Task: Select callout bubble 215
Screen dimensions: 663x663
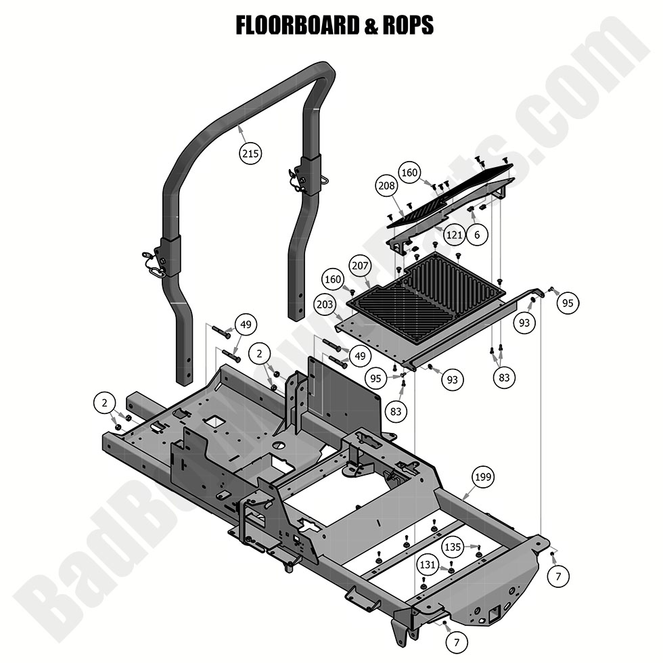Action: (250, 154)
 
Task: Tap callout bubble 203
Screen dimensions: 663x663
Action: (325, 305)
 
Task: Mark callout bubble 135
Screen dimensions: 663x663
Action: (453, 545)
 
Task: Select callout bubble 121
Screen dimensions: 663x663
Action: (454, 235)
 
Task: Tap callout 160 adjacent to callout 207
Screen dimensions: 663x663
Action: (332, 278)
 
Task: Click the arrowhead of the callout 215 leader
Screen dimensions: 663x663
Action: (242, 125)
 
